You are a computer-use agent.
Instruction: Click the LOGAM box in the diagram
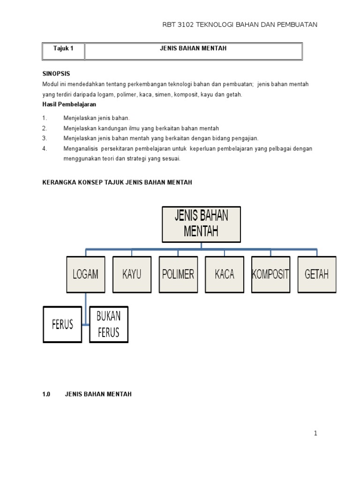(85, 274)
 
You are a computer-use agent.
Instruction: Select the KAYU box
(132, 274)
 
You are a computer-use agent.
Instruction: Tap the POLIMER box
(178, 274)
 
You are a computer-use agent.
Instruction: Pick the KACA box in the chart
(225, 274)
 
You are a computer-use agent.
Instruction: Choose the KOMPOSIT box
(270, 274)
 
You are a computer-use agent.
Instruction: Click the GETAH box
(317, 274)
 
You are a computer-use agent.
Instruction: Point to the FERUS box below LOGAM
(62, 324)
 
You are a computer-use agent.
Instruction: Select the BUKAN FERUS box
(108, 324)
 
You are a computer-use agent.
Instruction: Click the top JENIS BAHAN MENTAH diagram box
(202, 224)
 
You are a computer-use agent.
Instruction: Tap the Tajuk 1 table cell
(63, 49)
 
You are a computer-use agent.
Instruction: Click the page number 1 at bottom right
(316, 434)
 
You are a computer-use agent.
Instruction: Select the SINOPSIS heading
(56, 74)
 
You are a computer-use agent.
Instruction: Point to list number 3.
(45, 138)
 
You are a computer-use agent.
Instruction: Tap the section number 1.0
(46, 394)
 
